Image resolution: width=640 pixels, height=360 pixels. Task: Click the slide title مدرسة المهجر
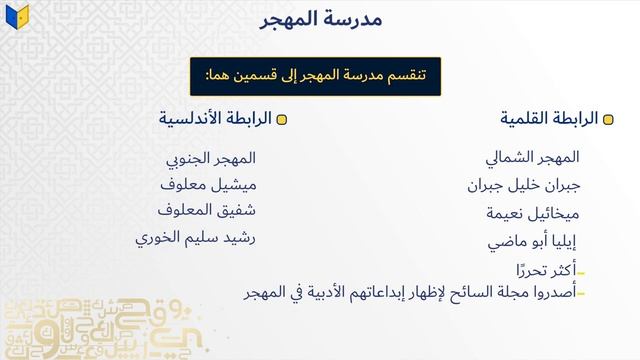(319, 20)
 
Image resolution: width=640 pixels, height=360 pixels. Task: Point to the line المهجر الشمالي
(531, 157)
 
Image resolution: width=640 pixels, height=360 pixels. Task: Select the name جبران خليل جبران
(522, 185)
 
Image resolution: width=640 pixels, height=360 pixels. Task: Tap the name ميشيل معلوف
(208, 184)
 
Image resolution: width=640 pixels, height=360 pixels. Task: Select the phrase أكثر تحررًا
(544, 271)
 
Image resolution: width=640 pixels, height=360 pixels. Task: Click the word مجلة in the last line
(497, 293)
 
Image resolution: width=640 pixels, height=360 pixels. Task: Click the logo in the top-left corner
(19, 16)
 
